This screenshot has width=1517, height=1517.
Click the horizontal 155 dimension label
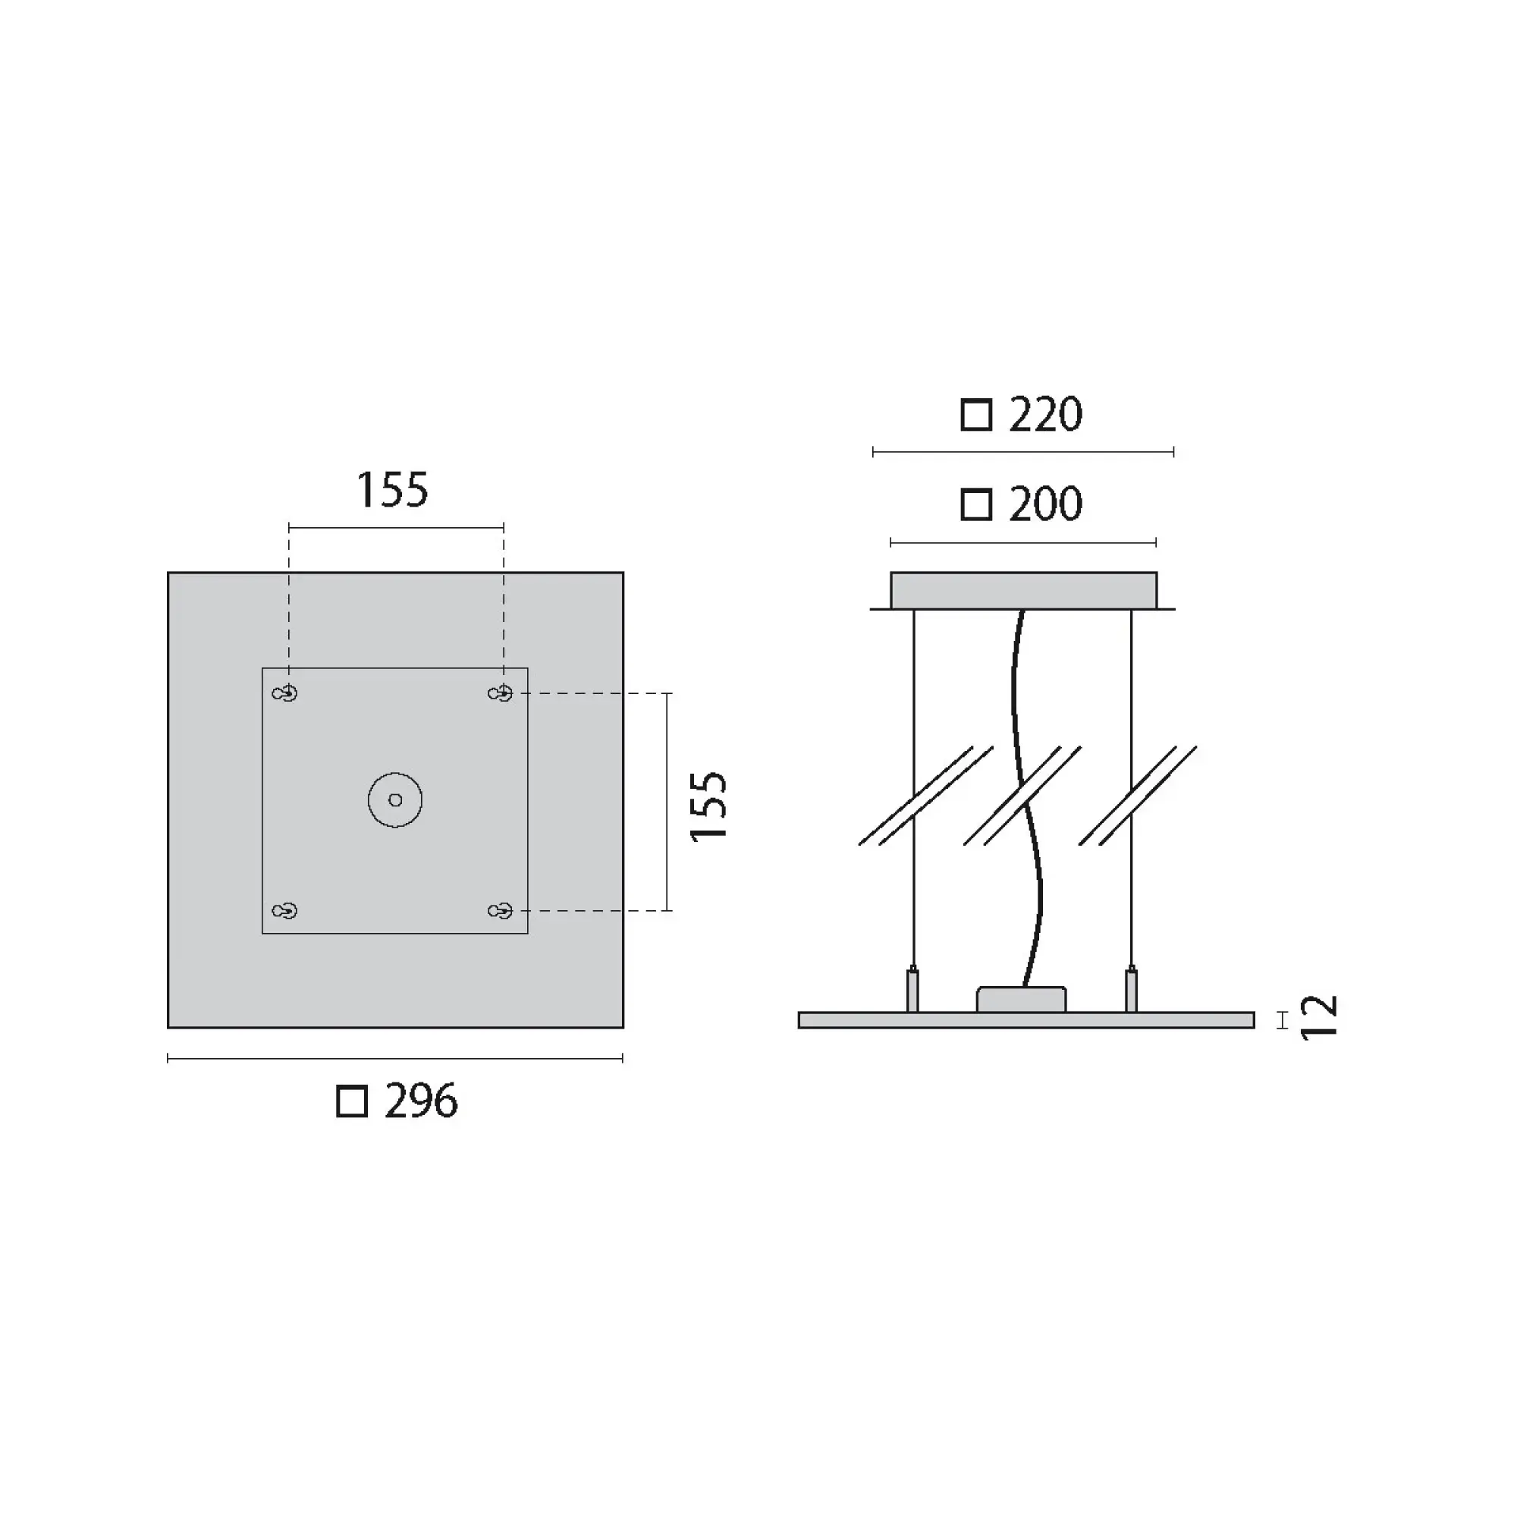click(x=393, y=490)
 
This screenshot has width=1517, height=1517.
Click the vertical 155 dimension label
click(x=708, y=806)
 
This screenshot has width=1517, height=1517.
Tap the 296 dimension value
click(x=421, y=1101)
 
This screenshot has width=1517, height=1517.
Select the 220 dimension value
click(x=1045, y=415)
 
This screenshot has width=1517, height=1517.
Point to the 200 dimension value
click(x=1045, y=504)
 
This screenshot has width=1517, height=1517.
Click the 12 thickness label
click(x=1318, y=1018)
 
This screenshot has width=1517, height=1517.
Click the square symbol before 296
click(x=352, y=1101)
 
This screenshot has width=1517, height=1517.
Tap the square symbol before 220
click(x=976, y=415)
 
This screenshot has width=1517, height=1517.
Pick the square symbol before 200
click(x=976, y=505)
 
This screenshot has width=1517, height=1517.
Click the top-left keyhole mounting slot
click(x=284, y=693)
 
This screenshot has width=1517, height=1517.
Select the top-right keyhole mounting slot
click(x=500, y=693)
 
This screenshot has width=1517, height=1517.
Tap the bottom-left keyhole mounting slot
click(x=284, y=911)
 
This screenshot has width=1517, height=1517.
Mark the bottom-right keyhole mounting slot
click(x=500, y=911)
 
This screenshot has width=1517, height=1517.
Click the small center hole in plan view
click(x=395, y=800)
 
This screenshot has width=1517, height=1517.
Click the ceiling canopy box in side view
click(x=1023, y=589)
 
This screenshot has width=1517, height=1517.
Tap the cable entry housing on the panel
click(x=1021, y=1000)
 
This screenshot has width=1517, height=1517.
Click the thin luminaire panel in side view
click(x=1025, y=1020)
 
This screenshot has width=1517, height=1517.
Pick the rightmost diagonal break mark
click(x=1138, y=796)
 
